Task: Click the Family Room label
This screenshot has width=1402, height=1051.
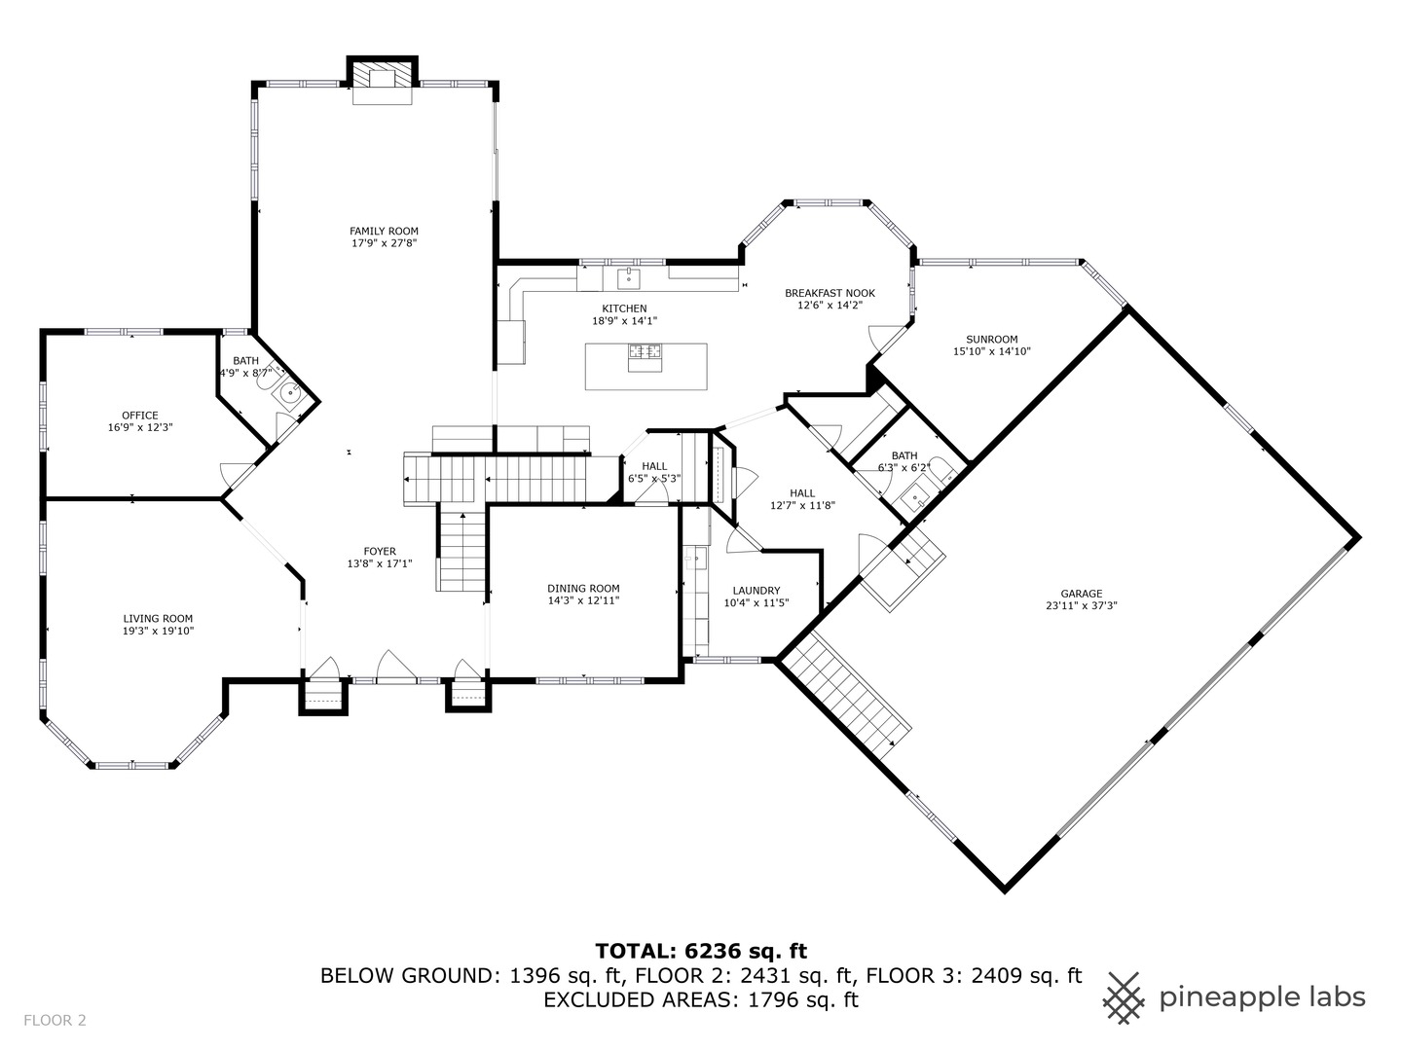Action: point(384,231)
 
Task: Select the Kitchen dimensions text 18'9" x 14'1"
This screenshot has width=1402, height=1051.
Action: point(625,321)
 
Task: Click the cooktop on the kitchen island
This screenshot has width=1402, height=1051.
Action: point(646,357)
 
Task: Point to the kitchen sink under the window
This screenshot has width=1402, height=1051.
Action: point(629,278)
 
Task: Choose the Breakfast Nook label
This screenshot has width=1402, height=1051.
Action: point(830,293)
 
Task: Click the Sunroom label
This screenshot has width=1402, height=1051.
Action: point(992,340)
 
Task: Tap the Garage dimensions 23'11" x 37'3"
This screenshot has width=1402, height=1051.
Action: point(1082,605)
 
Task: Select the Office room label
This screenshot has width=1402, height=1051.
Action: point(140,416)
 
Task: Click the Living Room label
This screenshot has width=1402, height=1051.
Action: point(158,618)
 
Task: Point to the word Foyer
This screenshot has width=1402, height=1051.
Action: point(380,552)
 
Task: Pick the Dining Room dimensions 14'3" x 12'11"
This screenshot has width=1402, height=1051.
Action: point(584,600)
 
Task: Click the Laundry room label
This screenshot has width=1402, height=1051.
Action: point(756,591)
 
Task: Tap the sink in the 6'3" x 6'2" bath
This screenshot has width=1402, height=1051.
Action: point(917,497)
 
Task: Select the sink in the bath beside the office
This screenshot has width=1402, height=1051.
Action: point(290,393)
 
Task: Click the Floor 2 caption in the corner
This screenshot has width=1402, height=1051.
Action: point(55,1021)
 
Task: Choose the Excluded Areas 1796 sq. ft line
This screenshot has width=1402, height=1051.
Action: point(701,999)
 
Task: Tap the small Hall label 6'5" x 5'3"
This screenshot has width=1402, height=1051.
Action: point(654,472)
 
